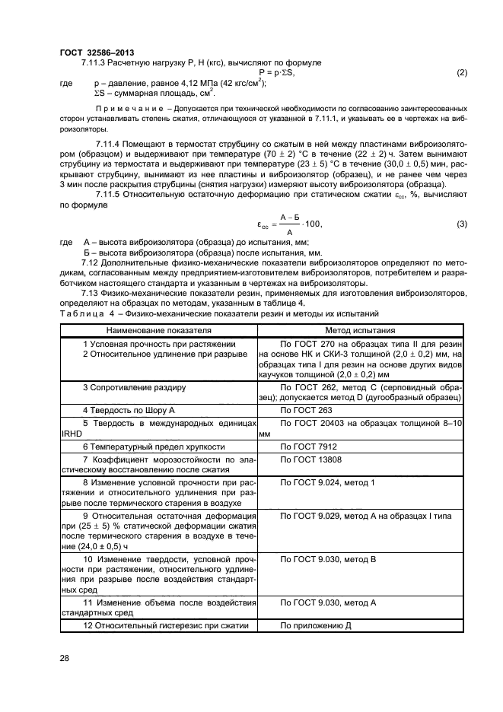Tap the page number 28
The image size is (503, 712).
click(65, 658)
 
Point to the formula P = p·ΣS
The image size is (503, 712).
click(277, 73)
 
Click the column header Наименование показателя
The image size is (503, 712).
click(159, 331)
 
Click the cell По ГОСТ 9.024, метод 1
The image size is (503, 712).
click(328, 483)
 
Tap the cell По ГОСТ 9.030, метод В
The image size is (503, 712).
click(328, 559)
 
